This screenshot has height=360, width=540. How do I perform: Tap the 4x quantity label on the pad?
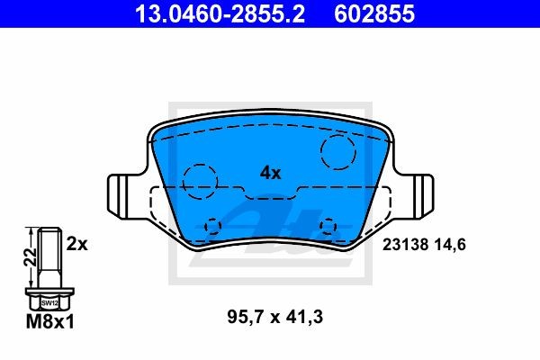(270, 171)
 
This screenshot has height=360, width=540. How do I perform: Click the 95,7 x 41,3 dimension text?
(269, 316)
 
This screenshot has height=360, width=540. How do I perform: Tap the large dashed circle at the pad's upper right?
(340, 151)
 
